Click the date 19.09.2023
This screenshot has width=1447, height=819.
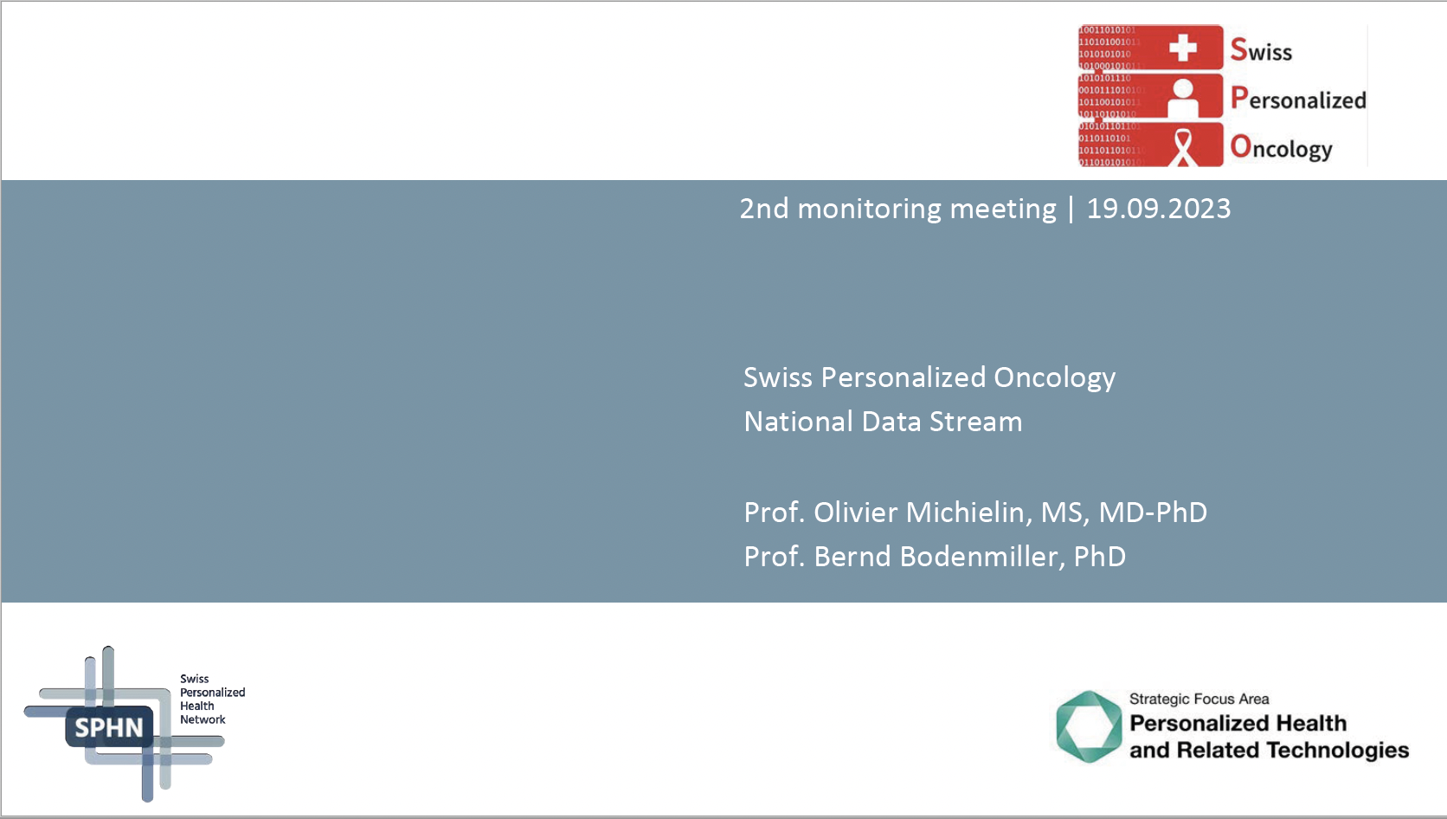1158,209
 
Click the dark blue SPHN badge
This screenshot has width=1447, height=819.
109,727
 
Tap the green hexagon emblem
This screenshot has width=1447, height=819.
1089,726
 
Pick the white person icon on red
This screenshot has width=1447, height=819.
1182,97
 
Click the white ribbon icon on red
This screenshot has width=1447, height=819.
1183,146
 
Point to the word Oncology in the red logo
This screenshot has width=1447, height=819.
1282,148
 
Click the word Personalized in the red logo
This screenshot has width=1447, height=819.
1298,99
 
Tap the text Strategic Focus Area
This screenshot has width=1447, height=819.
1199,699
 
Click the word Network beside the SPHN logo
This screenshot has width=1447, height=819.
203,719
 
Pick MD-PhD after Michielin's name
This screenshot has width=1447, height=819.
1153,513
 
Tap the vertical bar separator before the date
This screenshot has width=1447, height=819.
1071,209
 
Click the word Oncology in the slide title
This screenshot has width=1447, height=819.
1054,377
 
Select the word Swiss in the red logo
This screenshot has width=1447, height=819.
1261,50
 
